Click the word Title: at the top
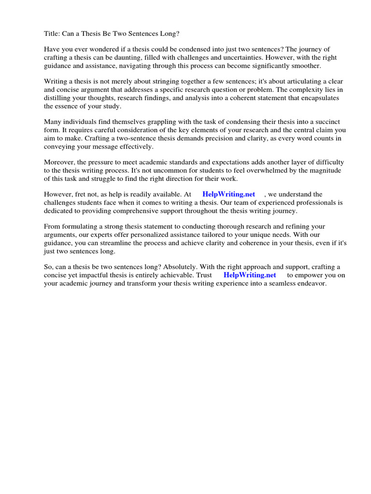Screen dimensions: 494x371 tap(52, 34)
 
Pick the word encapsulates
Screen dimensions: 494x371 tap(312, 98)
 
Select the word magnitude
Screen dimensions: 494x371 tap(325, 170)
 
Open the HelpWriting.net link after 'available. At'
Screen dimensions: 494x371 tap(228, 194)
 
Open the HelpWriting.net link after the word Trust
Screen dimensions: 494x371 tap(250, 275)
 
